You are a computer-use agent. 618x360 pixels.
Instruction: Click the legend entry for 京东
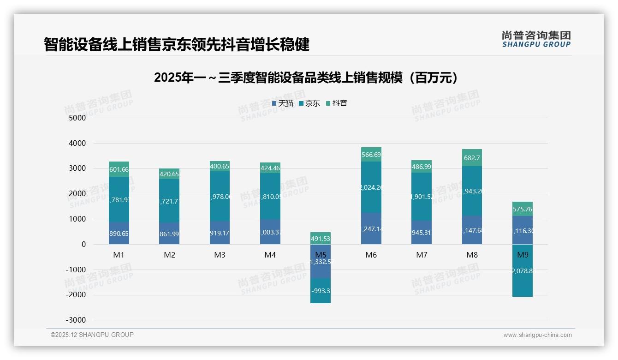pyautogui.click(x=309, y=103)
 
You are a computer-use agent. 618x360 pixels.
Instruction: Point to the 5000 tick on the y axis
pyautogui.click(x=77, y=118)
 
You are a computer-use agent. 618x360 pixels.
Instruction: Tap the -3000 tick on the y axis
pyautogui.click(x=76, y=320)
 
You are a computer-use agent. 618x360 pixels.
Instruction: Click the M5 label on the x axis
pyautogui.click(x=321, y=255)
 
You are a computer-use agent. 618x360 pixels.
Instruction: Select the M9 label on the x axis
pyautogui.click(x=523, y=255)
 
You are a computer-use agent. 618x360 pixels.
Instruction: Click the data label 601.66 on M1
pyautogui.click(x=119, y=169)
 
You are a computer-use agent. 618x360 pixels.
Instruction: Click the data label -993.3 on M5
pyautogui.click(x=321, y=291)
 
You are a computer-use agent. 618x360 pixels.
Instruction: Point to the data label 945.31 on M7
pyautogui.click(x=422, y=233)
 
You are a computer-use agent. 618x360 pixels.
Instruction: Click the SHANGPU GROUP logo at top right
pyautogui.click(x=536, y=39)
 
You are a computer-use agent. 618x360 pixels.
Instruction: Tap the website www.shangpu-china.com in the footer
pyautogui.click(x=537, y=335)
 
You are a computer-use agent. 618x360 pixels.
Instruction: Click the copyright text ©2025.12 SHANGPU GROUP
pyautogui.click(x=92, y=335)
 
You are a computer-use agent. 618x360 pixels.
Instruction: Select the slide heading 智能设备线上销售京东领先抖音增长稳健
pyautogui.click(x=177, y=45)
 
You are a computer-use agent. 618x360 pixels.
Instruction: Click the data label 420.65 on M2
pyautogui.click(x=169, y=174)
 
